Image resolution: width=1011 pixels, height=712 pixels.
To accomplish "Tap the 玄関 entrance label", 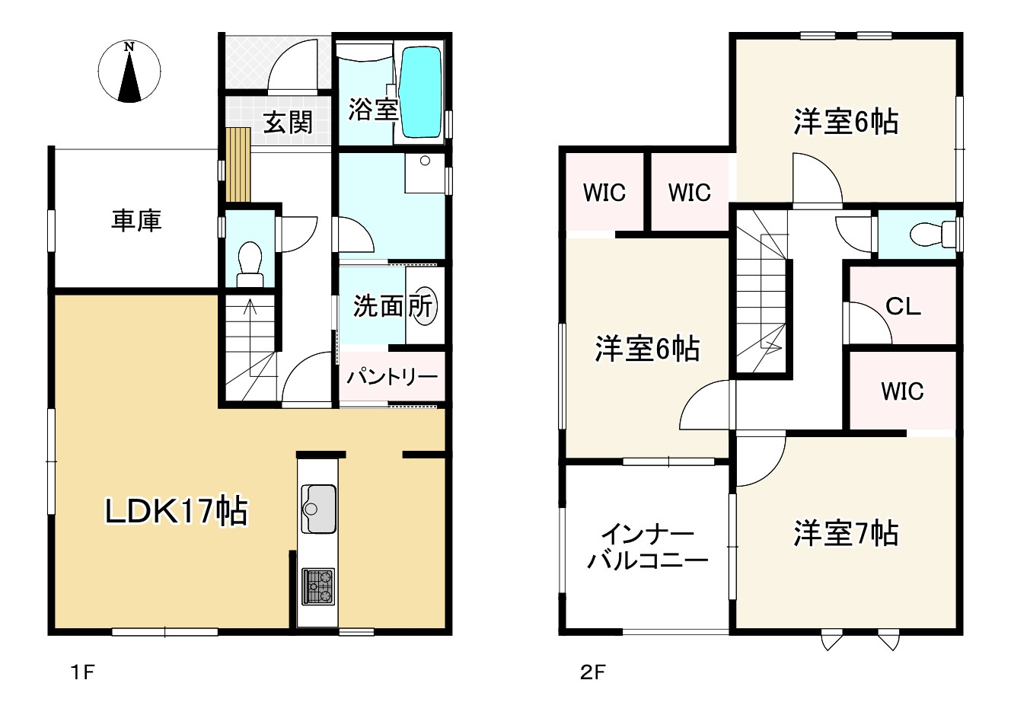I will [288, 122].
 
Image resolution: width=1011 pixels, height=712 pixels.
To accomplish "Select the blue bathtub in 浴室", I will [420, 92].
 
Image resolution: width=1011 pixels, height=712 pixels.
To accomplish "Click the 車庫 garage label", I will [137, 221].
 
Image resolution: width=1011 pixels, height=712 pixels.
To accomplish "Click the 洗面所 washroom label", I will [393, 306].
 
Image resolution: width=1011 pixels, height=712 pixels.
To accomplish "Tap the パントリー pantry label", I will [392, 377].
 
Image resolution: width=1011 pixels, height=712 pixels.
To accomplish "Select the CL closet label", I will [903, 306].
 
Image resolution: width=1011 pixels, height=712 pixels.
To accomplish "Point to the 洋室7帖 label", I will [845, 533].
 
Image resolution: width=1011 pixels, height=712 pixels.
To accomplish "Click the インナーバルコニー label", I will [646, 547].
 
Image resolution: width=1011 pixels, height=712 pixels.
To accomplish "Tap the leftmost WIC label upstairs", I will [604, 193].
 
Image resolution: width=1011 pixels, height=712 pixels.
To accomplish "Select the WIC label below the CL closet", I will [902, 391].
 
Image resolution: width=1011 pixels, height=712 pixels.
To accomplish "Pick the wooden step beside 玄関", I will [238, 164].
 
